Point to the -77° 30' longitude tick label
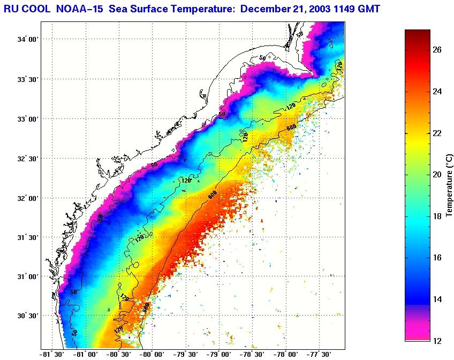pyautogui.click(x=319, y=354)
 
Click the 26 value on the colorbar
pyautogui.click(x=437, y=50)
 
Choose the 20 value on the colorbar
pyautogui.click(x=437, y=175)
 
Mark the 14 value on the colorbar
pyautogui.click(x=437, y=299)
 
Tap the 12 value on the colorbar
pyautogui.click(x=437, y=341)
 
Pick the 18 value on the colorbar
pyautogui.click(x=437, y=216)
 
